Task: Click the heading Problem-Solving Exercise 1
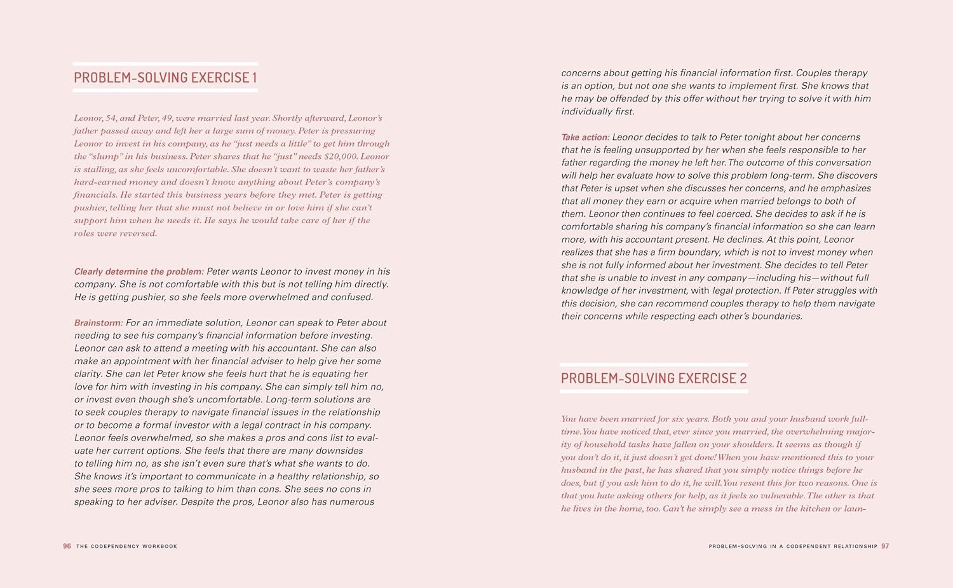165,78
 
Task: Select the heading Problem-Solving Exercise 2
654,378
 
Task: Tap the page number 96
67,546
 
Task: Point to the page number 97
885,546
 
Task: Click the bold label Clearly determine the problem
139,271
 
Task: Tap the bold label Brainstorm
98,323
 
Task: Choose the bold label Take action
585,137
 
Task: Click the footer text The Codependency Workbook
127,546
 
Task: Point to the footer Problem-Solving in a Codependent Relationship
793,546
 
